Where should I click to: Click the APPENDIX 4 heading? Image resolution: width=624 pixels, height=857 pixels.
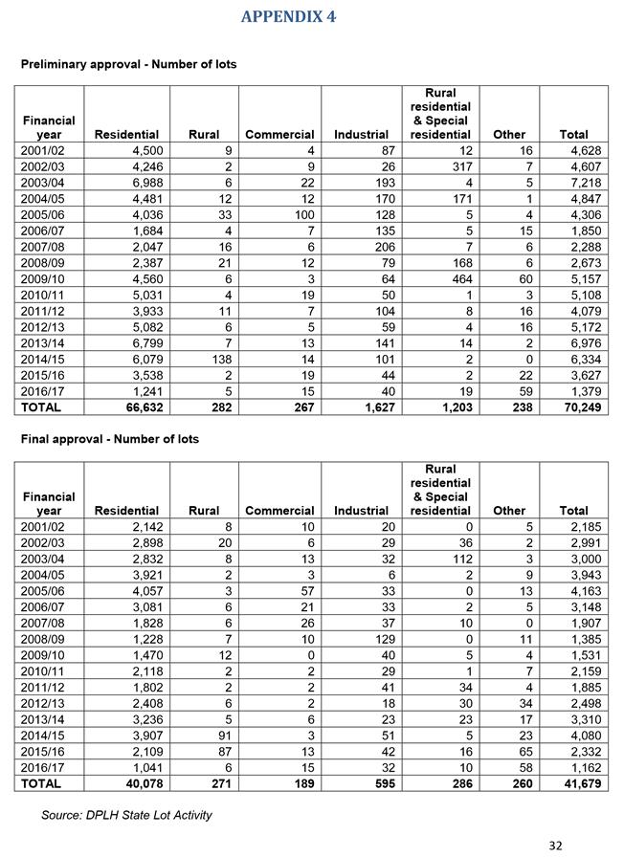(288, 16)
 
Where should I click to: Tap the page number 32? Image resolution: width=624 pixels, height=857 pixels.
(555, 845)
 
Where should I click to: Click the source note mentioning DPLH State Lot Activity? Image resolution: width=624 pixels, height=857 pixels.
(126, 815)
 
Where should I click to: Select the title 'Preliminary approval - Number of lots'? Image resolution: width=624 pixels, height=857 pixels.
(128, 64)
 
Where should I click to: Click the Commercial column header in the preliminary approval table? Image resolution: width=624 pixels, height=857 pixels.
(279, 135)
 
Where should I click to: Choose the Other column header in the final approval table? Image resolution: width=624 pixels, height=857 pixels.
(508, 511)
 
